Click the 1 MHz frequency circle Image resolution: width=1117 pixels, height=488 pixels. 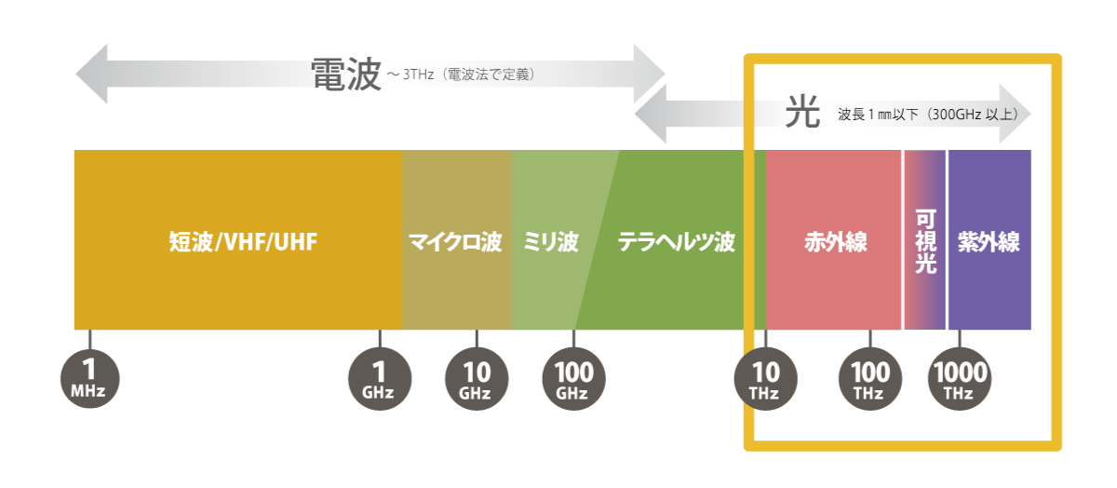tap(89, 379)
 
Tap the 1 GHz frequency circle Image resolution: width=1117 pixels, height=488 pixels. tap(380, 379)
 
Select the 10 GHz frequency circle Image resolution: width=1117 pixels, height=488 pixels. tap(477, 379)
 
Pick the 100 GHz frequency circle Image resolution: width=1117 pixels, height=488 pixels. tap(574, 379)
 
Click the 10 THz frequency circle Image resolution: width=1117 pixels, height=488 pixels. tap(765, 379)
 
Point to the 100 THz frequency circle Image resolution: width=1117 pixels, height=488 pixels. tap(870, 379)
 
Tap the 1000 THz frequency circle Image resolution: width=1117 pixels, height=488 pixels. tap(960, 379)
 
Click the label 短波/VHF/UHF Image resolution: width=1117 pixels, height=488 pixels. tap(243, 242)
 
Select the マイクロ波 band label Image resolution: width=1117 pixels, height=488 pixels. tap(455, 242)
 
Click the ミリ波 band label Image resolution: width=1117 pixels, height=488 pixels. tap(550, 242)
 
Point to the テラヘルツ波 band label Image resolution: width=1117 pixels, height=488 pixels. tap(677, 242)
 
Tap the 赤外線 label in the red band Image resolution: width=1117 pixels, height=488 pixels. tap(836, 242)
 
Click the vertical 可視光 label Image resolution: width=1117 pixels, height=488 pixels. tap(925, 242)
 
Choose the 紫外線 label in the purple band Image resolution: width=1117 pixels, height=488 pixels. tap(989, 242)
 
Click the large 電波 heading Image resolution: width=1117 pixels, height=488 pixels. tap(346, 74)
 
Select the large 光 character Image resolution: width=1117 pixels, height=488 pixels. tap(802, 111)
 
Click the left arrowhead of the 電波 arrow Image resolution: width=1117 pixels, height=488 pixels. tap(91, 74)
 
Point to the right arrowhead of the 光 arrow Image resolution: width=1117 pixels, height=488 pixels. tap(1016, 114)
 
